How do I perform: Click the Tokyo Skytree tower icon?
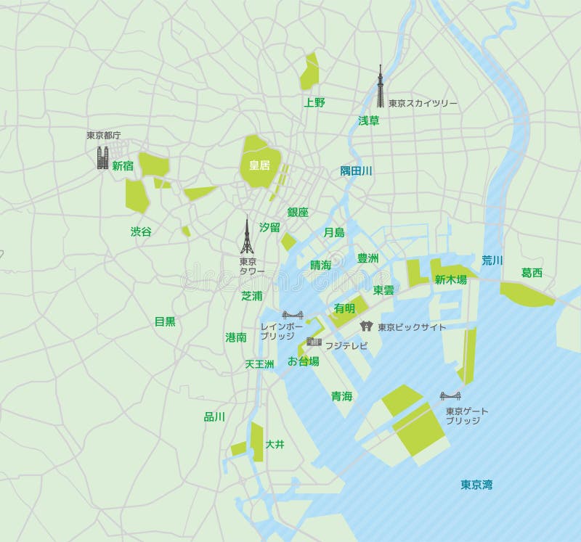(378, 86)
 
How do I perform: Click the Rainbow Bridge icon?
(292, 315)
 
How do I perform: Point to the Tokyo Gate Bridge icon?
(450, 396)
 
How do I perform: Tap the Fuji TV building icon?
(314, 342)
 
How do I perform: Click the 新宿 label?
(123, 165)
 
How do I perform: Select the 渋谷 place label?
(141, 231)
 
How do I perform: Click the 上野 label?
(314, 102)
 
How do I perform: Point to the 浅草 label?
(369, 120)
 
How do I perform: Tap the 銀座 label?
(298, 212)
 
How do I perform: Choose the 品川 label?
(215, 416)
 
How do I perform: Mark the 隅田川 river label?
(356, 171)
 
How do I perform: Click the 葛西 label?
(532, 273)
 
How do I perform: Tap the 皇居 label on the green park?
(259, 165)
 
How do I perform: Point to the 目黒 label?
(165, 321)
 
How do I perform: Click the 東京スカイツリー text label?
(423, 103)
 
